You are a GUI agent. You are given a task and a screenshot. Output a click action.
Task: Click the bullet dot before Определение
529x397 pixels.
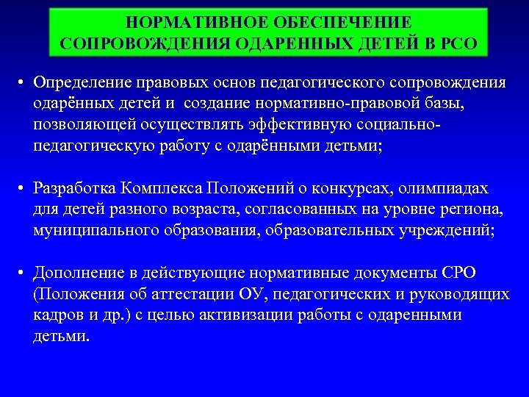point(24,82)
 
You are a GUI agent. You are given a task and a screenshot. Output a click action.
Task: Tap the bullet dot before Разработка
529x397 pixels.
point(24,189)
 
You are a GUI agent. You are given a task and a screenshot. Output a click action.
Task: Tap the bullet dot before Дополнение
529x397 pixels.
point(24,273)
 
